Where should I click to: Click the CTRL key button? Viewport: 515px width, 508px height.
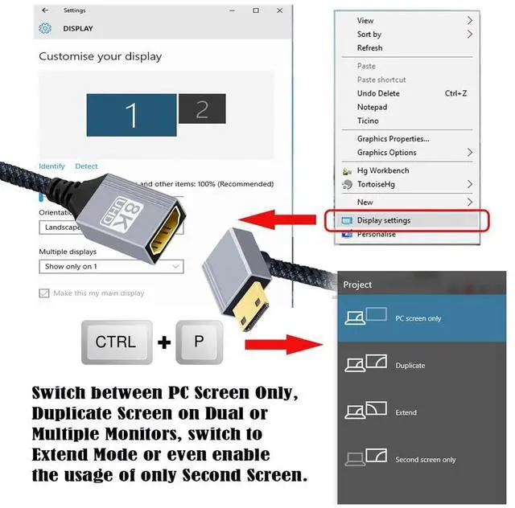coord(116,342)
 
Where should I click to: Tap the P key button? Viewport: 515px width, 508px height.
coord(198,342)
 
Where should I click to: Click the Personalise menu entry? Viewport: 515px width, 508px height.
coord(377,234)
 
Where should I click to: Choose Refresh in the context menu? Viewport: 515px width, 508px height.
coord(370,48)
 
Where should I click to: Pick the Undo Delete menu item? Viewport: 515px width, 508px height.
coord(378,93)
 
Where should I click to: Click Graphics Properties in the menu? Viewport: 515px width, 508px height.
coord(393,139)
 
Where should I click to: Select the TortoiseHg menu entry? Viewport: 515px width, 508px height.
coord(376,184)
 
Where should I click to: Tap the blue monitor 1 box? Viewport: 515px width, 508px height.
coord(130,115)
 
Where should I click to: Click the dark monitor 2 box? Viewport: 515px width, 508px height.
coord(201,109)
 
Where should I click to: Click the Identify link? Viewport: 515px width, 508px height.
coord(51,166)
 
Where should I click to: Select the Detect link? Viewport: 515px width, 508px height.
coord(86,166)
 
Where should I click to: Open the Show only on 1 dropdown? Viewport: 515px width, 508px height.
coord(111,266)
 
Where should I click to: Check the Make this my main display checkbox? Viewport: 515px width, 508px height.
coord(44,293)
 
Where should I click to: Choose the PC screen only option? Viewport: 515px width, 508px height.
coord(418,318)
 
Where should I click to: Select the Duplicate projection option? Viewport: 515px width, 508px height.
coord(410,366)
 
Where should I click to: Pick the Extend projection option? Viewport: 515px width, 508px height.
coord(406,412)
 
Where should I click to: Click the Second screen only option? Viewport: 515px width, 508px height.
coord(425,460)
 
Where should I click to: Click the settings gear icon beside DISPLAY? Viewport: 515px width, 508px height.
coord(45,29)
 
